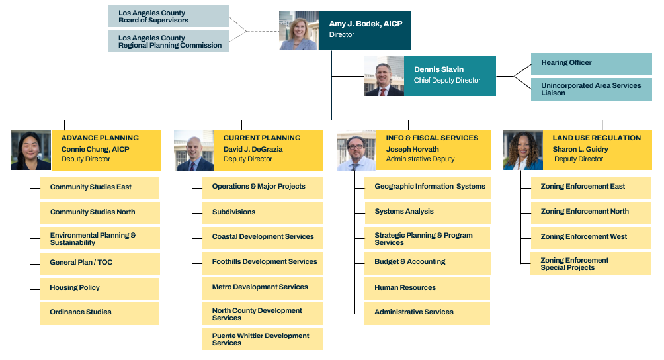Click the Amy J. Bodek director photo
[x=299, y=30]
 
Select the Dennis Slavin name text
[x=438, y=69]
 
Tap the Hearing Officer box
[x=591, y=64]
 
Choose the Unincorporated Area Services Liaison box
[x=591, y=89]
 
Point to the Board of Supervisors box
[x=169, y=16]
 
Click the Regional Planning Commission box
[x=169, y=42]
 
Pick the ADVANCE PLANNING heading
[x=100, y=138]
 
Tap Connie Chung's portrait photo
[x=30, y=150]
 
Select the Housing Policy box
[x=99, y=289]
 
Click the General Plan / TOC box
[x=99, y=263]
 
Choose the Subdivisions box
[x=262, y=212]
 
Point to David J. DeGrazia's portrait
[x=194, y=150]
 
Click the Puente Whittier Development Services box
[x=262, y=339]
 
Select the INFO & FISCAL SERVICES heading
[x=432, y=138]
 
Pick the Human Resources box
[x=427, y=289]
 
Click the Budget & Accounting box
[x=427, y=263]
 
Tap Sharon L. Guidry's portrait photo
[x=522, y=150]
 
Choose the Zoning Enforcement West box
[x=591, y=238]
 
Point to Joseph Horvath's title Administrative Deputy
[x=420, y=159]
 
